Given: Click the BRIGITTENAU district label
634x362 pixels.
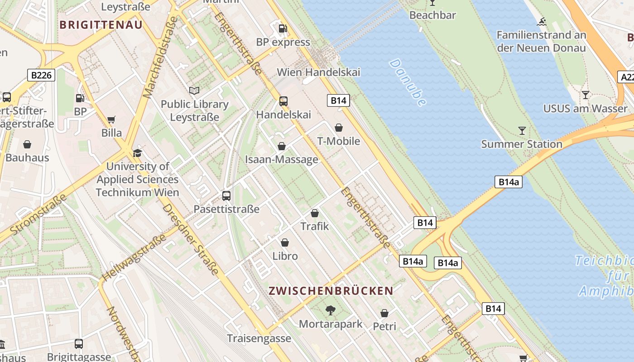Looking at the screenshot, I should click(x=101, y=25).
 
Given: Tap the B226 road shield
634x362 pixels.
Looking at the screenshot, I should click(x=41, y=75).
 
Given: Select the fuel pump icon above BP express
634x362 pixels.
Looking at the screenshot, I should click(x=283, y=28).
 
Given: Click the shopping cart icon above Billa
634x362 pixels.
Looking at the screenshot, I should click(x=111, y=120).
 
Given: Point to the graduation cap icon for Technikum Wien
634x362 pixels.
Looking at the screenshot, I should click(x=137, y=153).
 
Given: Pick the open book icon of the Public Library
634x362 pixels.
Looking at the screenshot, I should click(x=194, y=91).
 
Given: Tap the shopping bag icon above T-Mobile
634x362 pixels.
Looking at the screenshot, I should click(x=339, y=128).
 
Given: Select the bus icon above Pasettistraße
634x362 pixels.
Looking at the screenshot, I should click(x=226, y=196).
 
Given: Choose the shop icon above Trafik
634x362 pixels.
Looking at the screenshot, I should click(x=315, y=213).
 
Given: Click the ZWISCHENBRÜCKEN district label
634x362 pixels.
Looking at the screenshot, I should click(x=331, y=291).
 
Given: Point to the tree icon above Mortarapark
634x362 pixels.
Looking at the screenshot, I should click(x=331, y=310).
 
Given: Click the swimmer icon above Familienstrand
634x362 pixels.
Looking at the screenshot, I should click(x=541, y=22).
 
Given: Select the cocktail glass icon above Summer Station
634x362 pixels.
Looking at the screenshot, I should click(x=522, y=131).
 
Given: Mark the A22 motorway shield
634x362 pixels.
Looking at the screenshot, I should click(x=627, y=77).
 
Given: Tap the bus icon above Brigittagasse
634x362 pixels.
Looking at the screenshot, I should click(x=79, y=344).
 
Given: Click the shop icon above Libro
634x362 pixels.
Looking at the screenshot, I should click(x=285, y=243).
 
